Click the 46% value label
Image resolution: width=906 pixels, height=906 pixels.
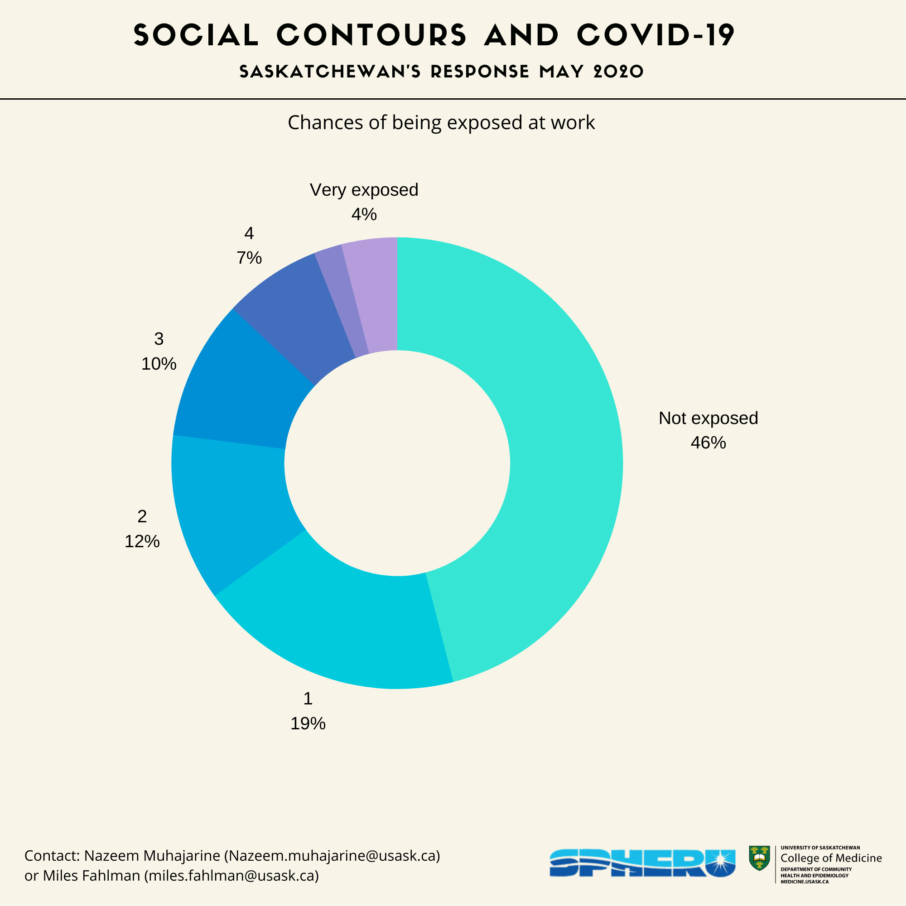(x=708, y=443)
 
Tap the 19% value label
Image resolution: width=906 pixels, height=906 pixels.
(x=308, y=723)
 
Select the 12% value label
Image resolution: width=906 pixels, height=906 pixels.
(x=142, y=542)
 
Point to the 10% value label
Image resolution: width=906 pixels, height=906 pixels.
(x=159, y=364)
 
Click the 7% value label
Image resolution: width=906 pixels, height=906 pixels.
(x=249, y=258)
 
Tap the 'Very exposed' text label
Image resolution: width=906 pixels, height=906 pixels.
(x=364, y=190)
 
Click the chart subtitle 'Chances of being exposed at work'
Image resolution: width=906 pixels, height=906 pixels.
(x=441, y=122)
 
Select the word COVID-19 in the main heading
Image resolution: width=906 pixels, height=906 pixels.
(x=655, y=35)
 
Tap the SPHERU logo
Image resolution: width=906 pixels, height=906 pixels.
(x=642, y=862)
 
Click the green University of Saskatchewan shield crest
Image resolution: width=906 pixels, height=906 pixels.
(x=759, y=858)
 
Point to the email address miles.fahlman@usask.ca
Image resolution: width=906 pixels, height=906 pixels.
(x=231, y=876)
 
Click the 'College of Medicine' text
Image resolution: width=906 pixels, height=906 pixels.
(x=831, y=858)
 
